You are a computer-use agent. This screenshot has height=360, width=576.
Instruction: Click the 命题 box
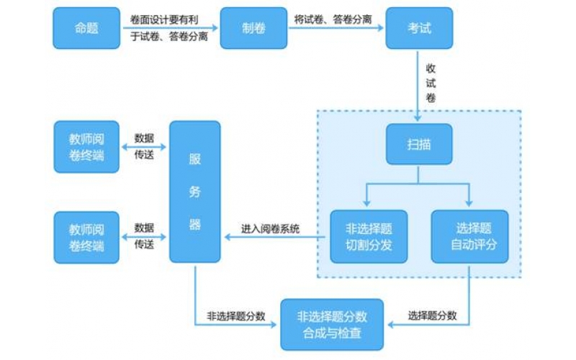coord(86,28)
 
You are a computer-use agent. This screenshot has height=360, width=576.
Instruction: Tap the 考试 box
coord(420,28)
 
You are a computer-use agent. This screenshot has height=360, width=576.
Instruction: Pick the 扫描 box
coord(420,144)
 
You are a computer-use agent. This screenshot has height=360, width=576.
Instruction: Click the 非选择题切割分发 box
coord(368,235)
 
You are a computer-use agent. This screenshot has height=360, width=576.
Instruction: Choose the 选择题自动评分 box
coord(469,235)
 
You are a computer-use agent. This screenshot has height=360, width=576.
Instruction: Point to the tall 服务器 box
coord(194,192)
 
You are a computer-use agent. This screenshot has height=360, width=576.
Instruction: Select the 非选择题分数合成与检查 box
coord(332,324)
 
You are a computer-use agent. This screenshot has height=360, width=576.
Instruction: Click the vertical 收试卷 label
coord(431,83)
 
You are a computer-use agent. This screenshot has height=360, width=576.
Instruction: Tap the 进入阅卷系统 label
coord(271,229)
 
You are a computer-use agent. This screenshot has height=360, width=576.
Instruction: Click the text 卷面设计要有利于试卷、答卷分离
coord(169,28)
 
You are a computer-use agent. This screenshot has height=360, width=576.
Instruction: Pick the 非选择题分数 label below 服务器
coord(236,315)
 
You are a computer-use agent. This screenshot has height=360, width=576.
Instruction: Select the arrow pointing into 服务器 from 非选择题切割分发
coord(271,236)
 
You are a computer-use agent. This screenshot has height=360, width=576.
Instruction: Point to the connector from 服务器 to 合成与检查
coord(196,302)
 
